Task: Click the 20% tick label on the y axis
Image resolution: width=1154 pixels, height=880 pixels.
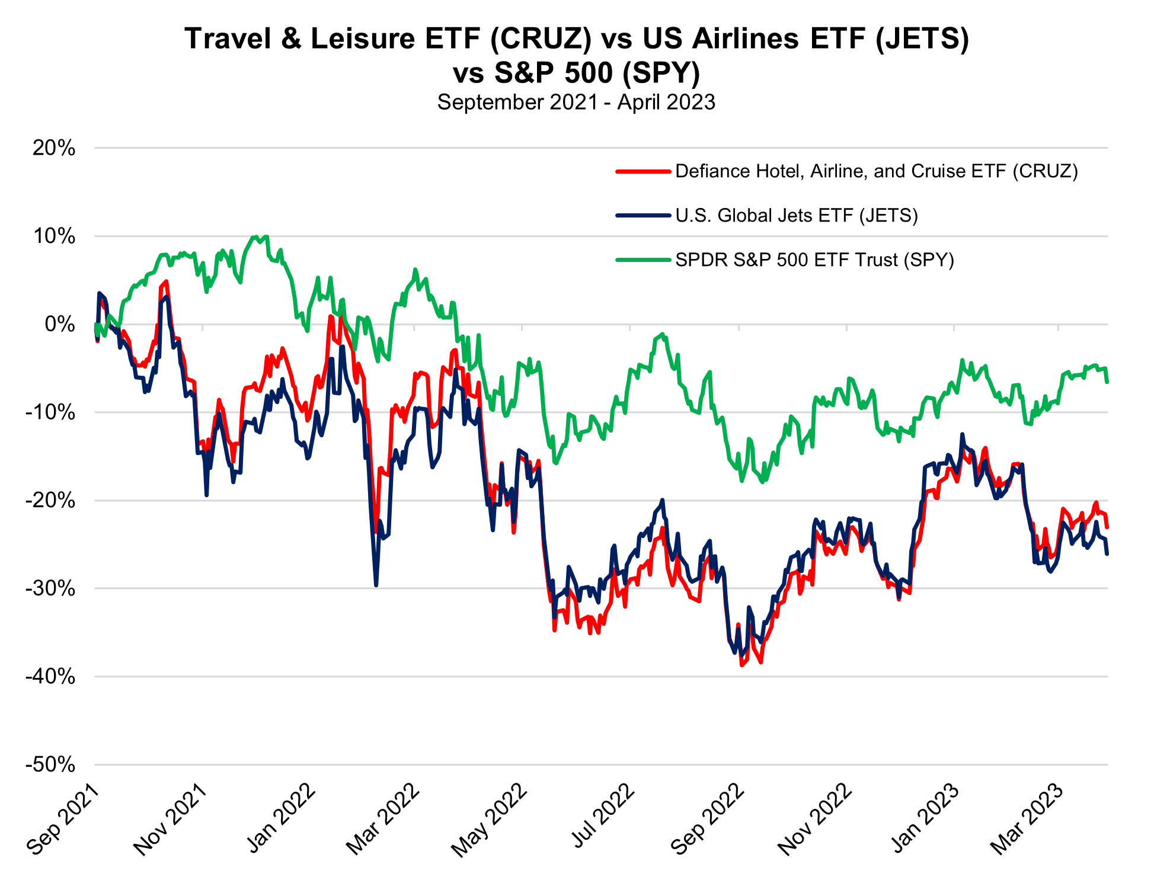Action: (54, 148)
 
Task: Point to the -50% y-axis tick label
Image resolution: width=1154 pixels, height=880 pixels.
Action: (50, 764)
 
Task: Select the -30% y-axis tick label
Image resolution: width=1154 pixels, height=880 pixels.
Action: (50, 588)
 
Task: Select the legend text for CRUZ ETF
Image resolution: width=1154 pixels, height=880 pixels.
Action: (876, 171)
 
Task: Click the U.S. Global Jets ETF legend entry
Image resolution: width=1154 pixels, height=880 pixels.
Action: (796, 215)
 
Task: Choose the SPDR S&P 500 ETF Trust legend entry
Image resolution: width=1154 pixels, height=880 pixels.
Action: (814, 260)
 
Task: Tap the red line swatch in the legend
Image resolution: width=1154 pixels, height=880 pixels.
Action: (643, 171)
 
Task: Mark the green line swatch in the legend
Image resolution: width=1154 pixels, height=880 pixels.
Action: (643, 260)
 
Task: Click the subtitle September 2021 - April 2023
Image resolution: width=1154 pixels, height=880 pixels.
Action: (576, 102)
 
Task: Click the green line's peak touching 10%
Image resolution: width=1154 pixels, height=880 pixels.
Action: (255, 237)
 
